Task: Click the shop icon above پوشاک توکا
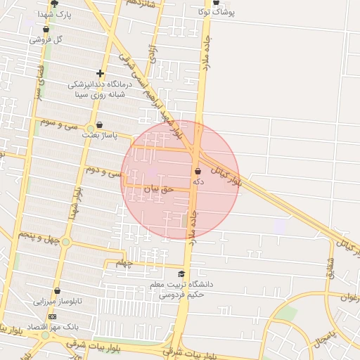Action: [x=216, y=3]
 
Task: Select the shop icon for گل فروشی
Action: [x=46, y=30]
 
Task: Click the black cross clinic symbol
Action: [x=101, y=73]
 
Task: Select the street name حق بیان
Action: [x=158, y=188]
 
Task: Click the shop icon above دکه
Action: [x=198, y=171]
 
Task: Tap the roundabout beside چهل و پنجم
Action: [x=65, y=242]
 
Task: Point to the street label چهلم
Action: [x=124, y=264]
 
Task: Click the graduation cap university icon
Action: [x=181, y=274]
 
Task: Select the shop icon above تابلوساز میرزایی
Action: [x=57, y=290]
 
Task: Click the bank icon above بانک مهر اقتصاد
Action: [x=52, y=317]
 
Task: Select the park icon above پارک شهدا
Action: [x=54, y=4]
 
